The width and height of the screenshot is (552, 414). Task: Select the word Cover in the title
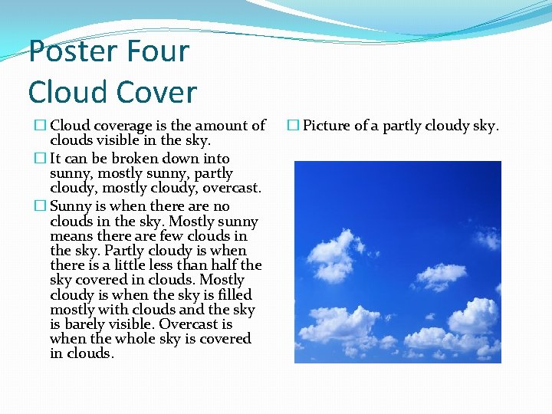coord(157,93)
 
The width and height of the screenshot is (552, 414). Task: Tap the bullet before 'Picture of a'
coord(294,126)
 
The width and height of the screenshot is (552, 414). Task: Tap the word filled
coord(231,295)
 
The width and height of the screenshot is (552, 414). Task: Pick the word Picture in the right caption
coord(329,126)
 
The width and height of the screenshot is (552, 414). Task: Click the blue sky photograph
coord(397,261)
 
